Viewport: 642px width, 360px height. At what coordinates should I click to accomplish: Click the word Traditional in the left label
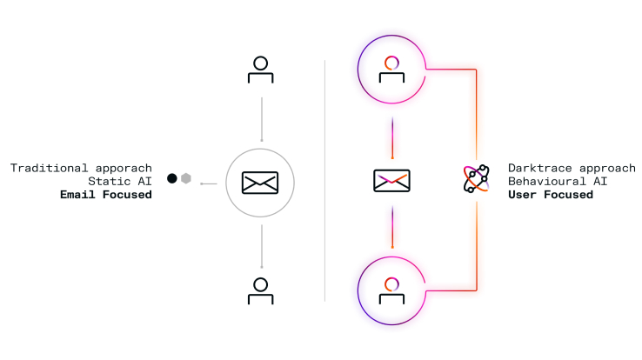pyautogui.click(x=49, y=168)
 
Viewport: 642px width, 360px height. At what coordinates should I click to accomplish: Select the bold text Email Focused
pyautogui.click(x=106, y=194)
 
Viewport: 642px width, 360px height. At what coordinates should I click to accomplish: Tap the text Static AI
pyautogui.click(x=120, y=181)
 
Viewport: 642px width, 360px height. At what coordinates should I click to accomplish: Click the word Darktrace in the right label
pyautogui.click(x=539, y=168)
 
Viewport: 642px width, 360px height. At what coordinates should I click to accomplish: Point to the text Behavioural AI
pyautogui.click(x=558, y=181)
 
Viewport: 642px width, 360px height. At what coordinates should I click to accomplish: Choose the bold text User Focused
pyautogui.click(x=551, y=194)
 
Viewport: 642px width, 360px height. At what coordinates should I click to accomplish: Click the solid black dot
pyautogui.click(x=172, y=178)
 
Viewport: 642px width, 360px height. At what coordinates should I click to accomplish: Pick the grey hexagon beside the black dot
pyautogui.click(x=186, y=178)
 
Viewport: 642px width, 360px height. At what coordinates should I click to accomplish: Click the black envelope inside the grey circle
pyautogui.click(x=260, y=183)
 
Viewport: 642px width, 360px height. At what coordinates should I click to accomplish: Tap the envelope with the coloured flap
pyautogui.click(x=391, y=180)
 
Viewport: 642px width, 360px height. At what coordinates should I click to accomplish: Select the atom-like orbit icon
pyautogui.click(x=476, y=178)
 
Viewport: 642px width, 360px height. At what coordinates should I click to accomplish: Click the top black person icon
pyautogui.click(x=260, y=70)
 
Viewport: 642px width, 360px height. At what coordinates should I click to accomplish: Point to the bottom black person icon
pyautogui.click(x=260, y=290)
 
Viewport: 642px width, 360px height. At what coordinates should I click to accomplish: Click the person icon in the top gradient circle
pyautogui.click(x=391, y=70)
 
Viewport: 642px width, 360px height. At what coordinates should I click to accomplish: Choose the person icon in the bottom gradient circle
pyautogui.click(x=391, y=290)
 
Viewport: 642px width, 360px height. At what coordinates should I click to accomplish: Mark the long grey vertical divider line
pyautogui.click(x=325, y=181)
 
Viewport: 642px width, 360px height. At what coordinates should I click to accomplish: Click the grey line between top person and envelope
pyautogui.click(x=262, y=119)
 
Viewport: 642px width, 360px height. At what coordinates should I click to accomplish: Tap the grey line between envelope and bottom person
pyautogui.click(x=262, y=246)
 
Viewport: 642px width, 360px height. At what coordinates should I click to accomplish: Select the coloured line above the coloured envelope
pyautogui.click(x=392, y=138)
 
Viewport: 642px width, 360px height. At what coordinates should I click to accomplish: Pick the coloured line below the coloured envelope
pyautogui.click(x=392, y=227)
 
